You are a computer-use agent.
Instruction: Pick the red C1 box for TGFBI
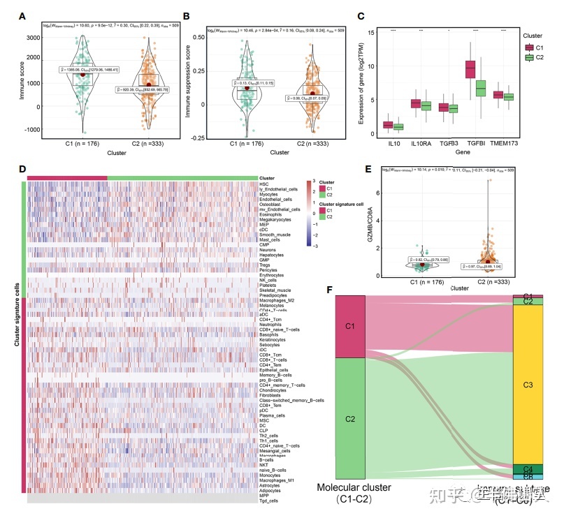click(470, 70)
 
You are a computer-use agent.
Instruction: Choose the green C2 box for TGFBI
click(480, 89)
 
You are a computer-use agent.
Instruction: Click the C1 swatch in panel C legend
click(530, 47)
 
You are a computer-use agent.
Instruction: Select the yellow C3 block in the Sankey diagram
click(528, 385)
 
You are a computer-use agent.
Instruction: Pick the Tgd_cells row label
click(268, 500)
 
